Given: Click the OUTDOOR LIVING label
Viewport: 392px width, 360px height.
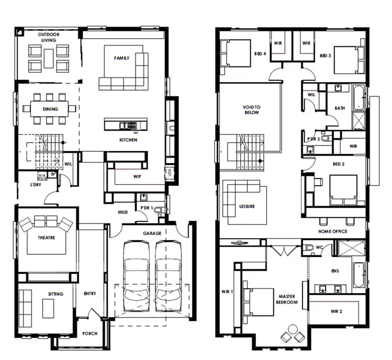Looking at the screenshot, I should (x=49, y=37).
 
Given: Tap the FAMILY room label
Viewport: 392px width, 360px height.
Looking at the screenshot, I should (x=122, y=58).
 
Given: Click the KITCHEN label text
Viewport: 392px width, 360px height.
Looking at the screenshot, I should (x=128, y=140).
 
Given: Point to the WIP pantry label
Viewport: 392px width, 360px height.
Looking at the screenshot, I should (x=137, y=177).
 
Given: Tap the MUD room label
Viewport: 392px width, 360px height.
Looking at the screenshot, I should (x=123, y=212).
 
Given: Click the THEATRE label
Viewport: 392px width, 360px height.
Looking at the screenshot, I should (x=46, y=238).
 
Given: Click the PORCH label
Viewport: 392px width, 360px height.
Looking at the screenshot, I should (x=89, y=333).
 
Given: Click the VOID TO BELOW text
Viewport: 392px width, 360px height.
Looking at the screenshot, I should (x=251, y=109).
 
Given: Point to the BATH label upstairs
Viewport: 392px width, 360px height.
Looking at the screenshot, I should (x=340, y=108).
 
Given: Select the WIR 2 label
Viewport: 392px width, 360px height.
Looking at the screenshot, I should (x=336, y=311).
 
